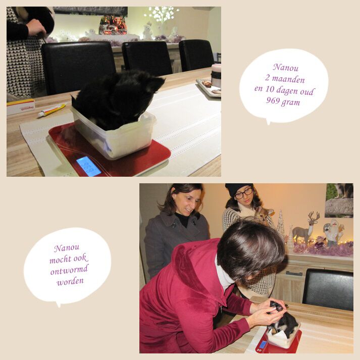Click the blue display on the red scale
pos(88,167)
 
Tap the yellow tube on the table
pos(52,110)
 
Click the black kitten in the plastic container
pos(117,99)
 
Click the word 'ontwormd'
pos(69,270)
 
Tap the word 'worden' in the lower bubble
pos(70,281)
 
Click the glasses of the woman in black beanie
pos(244,193)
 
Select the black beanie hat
pos(239,189)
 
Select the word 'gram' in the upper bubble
pos(290,101)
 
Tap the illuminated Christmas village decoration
pos(113,25)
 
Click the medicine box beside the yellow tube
pos(20,107)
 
